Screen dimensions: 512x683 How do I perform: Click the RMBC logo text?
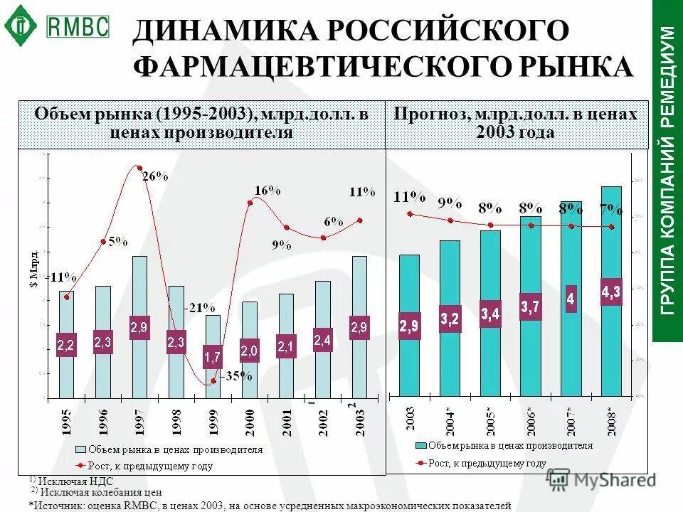[78, 26]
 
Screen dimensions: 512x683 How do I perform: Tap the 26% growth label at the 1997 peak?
[155, 177]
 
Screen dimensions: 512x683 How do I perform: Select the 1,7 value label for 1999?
[212, 356]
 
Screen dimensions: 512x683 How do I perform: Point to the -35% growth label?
[237, 377]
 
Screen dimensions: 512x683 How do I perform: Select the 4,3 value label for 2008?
[611, 292]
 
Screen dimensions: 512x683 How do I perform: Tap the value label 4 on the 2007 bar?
[571, 299]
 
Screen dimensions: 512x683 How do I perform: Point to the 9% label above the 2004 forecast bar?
[450, 203]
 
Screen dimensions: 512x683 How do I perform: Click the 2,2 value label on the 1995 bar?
[65, 345]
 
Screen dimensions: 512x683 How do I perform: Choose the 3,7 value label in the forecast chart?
[530, 307]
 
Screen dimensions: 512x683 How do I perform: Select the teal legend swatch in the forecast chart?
[422, 445]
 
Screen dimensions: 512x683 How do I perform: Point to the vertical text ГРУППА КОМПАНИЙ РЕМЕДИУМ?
[667, 171]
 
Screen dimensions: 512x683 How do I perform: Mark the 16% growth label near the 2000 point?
[268, 190]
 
